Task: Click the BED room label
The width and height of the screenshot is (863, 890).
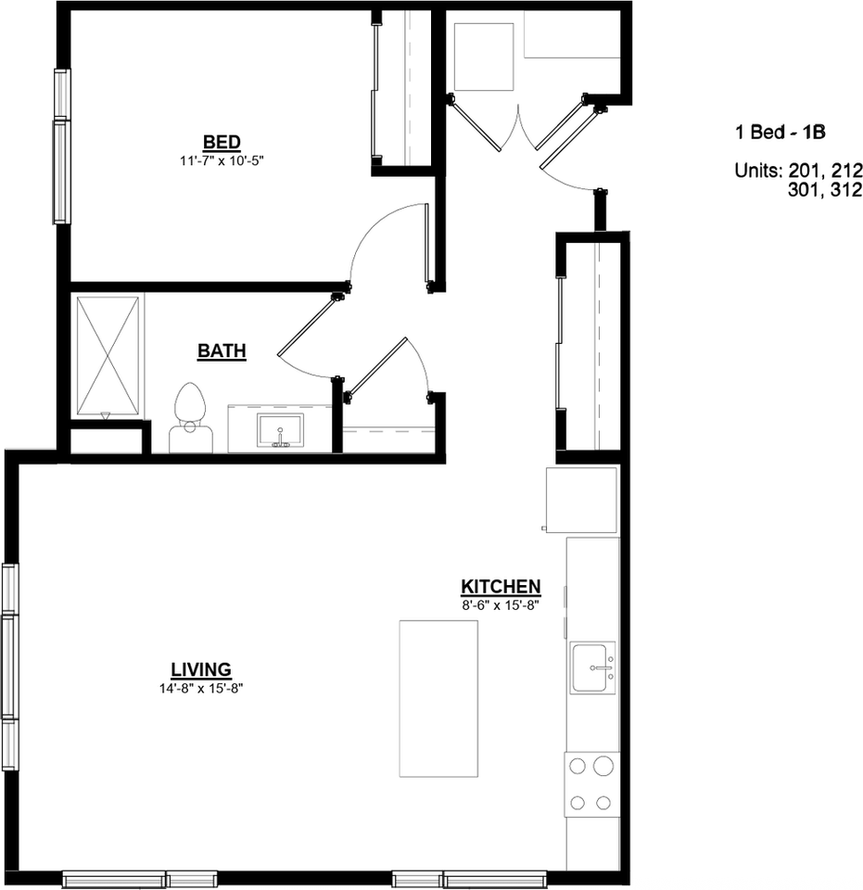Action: [222, 142]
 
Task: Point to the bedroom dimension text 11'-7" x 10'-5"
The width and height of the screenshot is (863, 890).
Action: [222, 159]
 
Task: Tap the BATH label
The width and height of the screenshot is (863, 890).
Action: [222, 351]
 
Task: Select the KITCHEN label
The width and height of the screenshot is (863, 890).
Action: [501, 587]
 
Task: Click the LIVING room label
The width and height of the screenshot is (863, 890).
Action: [200, 669]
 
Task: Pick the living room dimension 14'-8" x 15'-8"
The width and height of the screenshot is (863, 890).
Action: [200, 688]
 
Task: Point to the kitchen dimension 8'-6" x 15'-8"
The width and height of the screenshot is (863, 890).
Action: [501, 604]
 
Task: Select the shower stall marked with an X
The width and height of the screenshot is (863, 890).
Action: [108, 355]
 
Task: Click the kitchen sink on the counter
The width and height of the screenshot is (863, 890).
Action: [593, 667]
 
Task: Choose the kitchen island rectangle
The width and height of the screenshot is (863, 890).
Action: [438, 698]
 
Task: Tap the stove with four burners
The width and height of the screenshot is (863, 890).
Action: [591, 783]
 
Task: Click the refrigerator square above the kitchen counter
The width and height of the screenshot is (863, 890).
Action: [581, 501]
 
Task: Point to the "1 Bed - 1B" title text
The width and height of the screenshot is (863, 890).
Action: [779, 133]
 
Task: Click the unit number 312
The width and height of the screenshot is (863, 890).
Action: [846, 191]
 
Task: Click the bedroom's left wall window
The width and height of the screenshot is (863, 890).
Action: [62, 146]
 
